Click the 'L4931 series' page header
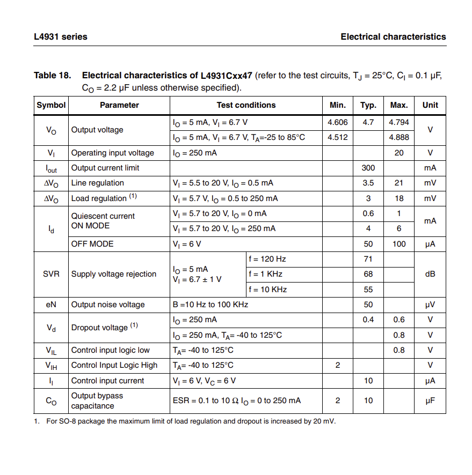pos(60,37)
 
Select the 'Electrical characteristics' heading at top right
pos(393,37)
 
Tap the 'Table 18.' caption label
pos(52,76)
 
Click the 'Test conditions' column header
pos(246,106)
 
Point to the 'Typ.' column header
pos(368,106)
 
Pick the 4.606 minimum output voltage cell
pos(338,122)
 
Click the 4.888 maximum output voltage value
pos(398,137)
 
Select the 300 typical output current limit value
pos(368,168)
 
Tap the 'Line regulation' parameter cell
pos(98,183)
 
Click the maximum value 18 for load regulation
pos(398,198)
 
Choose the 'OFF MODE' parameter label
pos(92,244)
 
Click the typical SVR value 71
pos(368,259)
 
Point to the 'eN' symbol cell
pos(51,305)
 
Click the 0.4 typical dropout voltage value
pos(368,320)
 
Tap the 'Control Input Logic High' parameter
pos(114,365)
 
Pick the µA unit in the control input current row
pos(430,381)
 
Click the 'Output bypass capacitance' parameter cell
pos(97,400)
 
